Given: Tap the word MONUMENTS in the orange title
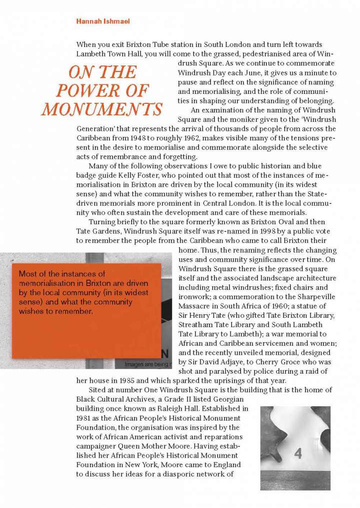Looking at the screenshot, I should [102, 109].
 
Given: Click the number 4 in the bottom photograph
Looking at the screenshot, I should [298, 454].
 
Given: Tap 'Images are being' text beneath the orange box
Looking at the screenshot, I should [142, 365].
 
